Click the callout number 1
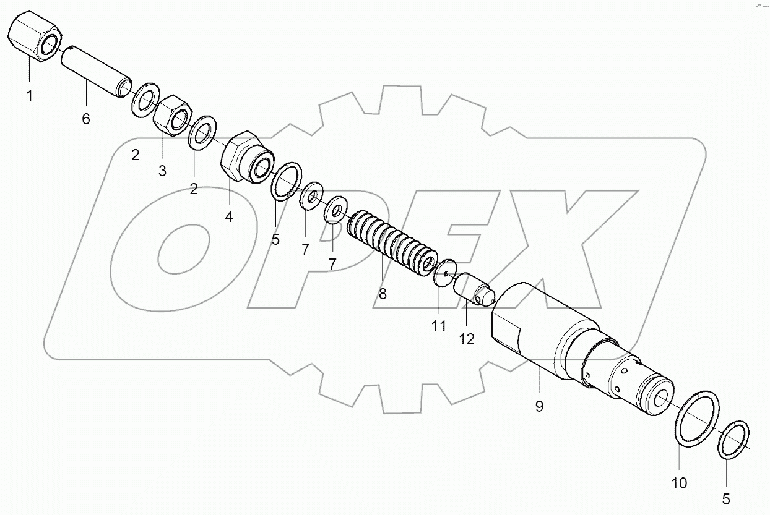coord(29,96)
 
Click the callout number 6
coord(85,119)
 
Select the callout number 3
coord(162,171)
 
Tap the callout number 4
coord(229,218)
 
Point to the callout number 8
coord(382,294)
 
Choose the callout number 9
coord(539,406)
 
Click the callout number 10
coord(678,483)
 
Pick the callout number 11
coord(438,326)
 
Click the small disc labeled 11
coord(444,273)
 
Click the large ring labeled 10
coord(697,417)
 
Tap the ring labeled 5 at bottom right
coord(734,440)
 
